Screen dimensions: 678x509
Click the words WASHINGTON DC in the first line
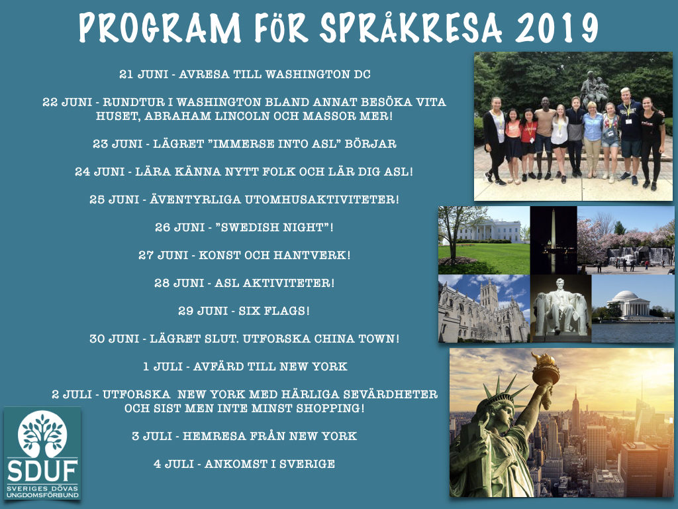(x=318, y=74)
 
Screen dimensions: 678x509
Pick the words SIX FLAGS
(x=272, y=311)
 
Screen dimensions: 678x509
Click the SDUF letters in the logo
(x=42, y=471)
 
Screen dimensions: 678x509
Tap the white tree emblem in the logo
(x=42, y=433)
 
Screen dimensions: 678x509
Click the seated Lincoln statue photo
(x=561, y=309)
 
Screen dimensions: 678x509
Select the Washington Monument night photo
(x=554, y=240)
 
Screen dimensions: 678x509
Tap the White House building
(x=489, y=231)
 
